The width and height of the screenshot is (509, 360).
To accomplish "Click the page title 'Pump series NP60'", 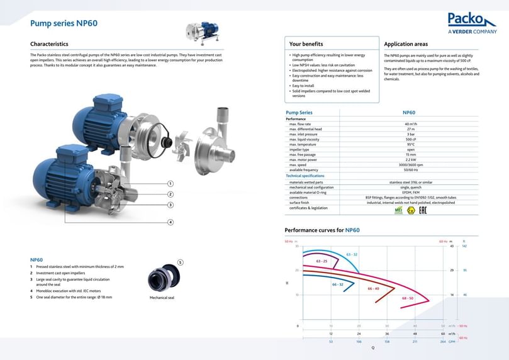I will point(64,23).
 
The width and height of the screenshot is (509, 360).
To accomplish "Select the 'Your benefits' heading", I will point(306,44).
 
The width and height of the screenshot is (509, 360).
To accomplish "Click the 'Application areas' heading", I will point(406,44).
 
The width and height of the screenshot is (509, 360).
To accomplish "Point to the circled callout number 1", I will point(170,183).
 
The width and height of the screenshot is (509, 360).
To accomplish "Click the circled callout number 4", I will point(170,222).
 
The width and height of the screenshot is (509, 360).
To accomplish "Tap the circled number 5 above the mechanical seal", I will point(180,262).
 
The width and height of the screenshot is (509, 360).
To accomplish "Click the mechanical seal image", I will point(162,279).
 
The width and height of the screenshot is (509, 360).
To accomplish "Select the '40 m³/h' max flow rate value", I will point(411,124).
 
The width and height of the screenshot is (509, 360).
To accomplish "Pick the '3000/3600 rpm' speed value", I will point(411,165).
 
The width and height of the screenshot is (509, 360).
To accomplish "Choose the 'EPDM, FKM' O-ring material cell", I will point(411,192).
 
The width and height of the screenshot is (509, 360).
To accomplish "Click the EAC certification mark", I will point(423,210).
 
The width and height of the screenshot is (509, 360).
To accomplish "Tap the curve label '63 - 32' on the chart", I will point(352,254).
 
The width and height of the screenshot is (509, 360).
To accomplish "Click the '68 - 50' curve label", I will point(408,298).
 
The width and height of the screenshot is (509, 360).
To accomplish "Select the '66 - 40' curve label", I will point(373,288).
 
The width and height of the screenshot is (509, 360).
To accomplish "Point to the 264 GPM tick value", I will point(443,342).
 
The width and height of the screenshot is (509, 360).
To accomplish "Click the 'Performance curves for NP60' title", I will point(322,230).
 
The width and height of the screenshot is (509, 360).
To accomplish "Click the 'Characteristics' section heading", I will point(49,44).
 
